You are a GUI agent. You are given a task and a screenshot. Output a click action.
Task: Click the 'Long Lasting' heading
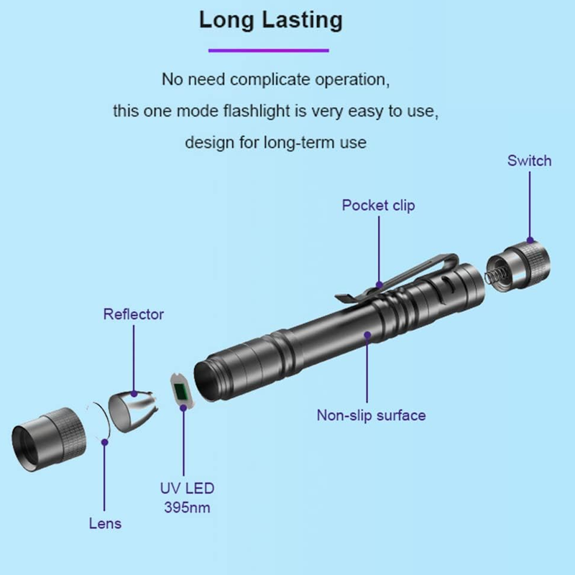(x=271, y=20)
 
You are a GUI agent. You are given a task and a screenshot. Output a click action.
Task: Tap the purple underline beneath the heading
(x=268, y=50)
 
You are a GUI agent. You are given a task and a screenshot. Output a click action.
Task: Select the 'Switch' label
(x=529, y=160)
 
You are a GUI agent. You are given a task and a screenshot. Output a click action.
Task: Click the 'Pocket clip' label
(x=379, y=206)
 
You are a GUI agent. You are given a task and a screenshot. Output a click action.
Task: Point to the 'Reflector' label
(x=134, y=314)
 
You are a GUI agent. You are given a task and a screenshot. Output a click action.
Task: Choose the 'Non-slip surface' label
(x=371, y=415)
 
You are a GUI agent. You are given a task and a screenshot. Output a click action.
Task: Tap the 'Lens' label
(x=105, y=523)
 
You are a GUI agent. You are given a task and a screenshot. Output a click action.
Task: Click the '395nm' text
(x=187, y=507)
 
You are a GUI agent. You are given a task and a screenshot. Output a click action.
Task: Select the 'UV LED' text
(x=187, y=488)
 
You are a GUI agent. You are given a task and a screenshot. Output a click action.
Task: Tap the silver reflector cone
(x=134, y=410)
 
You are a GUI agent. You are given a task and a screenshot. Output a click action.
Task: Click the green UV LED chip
(x=181, y=392)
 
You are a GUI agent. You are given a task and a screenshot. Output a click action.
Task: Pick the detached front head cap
(x=49, y=439)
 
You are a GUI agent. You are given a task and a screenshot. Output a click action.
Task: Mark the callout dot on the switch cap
(x=530, y=241)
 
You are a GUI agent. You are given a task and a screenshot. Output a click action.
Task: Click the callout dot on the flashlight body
(x=367, y=334)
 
